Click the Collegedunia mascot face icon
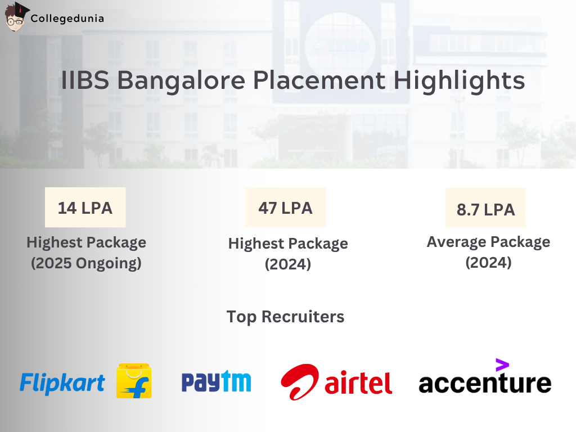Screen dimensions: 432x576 click(15, 17)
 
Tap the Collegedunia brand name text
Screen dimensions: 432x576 click(67, 18)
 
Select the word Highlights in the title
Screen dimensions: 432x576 click(459, 81)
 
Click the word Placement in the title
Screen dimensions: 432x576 click(319, 81)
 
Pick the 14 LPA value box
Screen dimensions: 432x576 click(85, 208)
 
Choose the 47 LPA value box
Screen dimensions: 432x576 click(285, 208)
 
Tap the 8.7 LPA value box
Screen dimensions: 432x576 click(485, 210)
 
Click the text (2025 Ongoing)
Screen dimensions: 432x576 click(86, 263)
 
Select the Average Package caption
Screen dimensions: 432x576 click(488, 242)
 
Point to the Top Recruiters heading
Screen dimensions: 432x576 click(285, 317)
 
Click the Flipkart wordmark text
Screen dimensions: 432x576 click(62, 383)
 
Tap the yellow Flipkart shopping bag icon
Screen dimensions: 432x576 click(134, 381)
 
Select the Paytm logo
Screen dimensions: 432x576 click(216, 381)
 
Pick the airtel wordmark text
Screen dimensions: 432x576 click(358, 384)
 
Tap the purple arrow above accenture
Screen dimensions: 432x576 click(502, 364)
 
